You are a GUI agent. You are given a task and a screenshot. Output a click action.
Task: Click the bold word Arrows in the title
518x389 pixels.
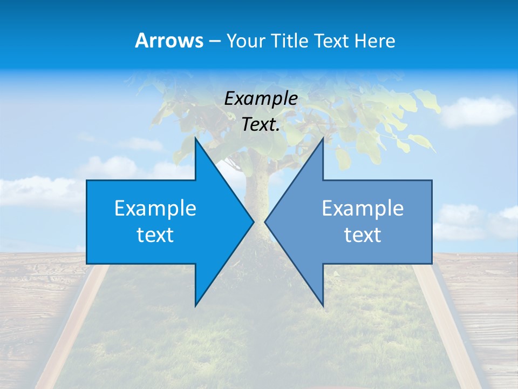point(169,41)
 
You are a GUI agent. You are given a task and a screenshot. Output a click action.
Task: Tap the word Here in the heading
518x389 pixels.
point(374,41)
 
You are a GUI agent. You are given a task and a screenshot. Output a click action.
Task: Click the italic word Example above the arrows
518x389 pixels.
point(261,98)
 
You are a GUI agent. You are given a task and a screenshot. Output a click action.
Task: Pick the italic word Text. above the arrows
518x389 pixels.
point(261,124)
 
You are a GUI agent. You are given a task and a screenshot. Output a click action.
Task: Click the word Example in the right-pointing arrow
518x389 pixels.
point(155,208)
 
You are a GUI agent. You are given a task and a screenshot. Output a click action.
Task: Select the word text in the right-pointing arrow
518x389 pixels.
point(155,234)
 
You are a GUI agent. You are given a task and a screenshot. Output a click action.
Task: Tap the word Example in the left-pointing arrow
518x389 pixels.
point(363,208)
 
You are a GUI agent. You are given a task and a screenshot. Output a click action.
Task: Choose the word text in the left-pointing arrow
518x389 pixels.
point(363,234)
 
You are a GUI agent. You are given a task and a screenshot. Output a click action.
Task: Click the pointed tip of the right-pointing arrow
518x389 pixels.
point(253,222)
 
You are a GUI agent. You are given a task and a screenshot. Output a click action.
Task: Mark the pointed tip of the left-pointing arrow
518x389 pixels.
point(265,222)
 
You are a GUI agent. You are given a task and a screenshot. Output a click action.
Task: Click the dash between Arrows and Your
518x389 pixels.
point(214,41)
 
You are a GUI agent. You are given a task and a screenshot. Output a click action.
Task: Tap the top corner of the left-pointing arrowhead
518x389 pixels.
point(323,139)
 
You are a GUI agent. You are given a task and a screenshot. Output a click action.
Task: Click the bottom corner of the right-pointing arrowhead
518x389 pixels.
point(195,305)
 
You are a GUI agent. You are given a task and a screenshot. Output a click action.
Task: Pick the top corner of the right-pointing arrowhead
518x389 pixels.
point(195,139)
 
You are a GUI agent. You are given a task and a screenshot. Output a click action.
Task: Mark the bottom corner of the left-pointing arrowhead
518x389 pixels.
point(323,305)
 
